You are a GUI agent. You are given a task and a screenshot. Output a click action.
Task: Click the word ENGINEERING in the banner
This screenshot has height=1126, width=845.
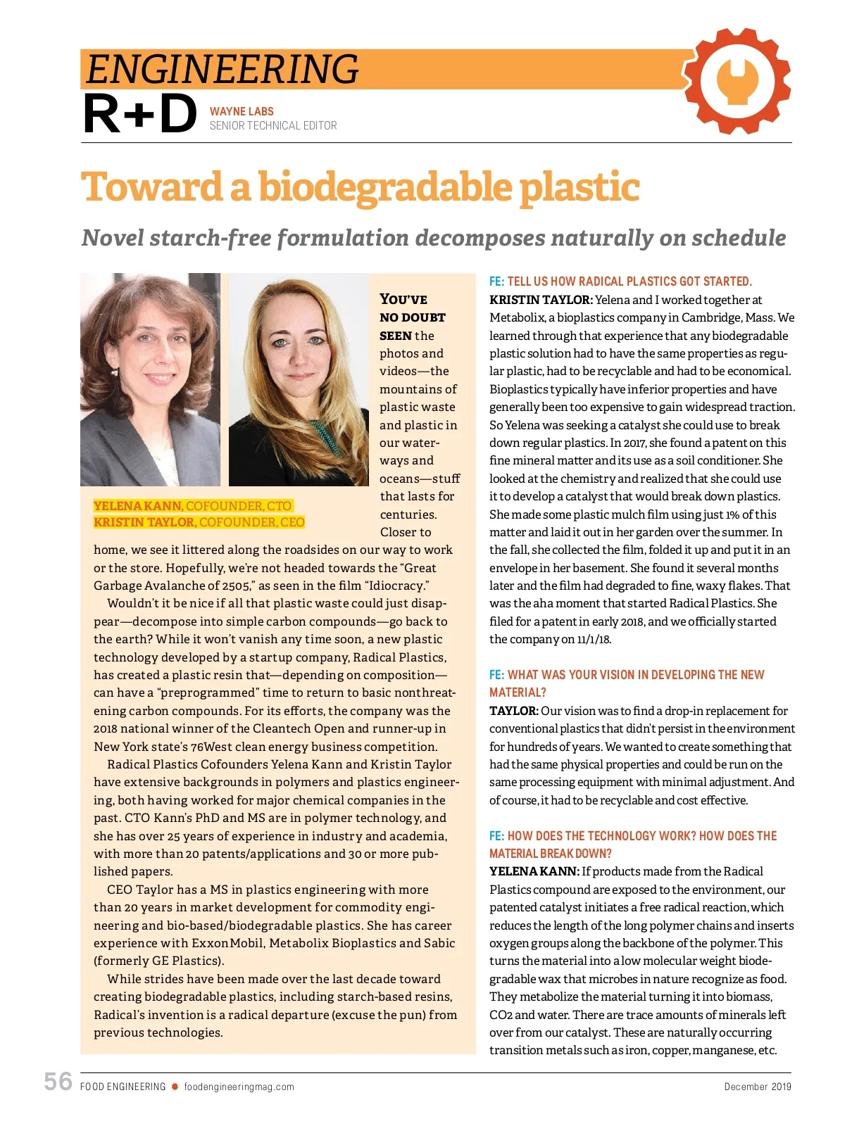(223, 69)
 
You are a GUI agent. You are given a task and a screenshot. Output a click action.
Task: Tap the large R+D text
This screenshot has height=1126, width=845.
(139, 115)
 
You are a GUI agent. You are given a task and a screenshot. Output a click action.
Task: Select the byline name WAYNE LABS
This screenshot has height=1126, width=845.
(242, 111)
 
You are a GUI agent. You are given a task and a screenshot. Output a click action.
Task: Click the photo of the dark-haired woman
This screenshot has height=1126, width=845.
(150, 380)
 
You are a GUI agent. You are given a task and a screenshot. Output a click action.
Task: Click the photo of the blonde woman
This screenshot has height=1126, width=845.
(299, 380)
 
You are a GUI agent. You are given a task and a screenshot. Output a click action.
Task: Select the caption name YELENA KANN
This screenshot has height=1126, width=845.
(138, 506)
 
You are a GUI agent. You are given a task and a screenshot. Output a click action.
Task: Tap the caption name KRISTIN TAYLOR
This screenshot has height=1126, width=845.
(144, 522)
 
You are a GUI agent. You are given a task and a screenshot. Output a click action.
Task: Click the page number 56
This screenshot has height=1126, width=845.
(58, 1082)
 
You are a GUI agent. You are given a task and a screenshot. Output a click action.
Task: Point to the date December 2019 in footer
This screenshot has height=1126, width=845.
(758, 1087)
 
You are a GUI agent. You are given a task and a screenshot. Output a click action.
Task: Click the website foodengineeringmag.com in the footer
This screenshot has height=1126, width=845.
(239, 1087)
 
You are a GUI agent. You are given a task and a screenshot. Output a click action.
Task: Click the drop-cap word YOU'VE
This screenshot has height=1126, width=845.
(403, 299)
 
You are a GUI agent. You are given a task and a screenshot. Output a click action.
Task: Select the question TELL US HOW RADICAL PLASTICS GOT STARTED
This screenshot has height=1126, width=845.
(630, 281)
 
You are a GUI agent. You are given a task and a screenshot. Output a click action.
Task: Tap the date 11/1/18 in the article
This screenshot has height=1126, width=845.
(594, 639)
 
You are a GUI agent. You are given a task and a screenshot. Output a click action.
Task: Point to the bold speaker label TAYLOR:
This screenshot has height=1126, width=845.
(514, 711)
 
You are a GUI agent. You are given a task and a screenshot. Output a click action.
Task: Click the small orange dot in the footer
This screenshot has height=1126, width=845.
(175, 1087)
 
